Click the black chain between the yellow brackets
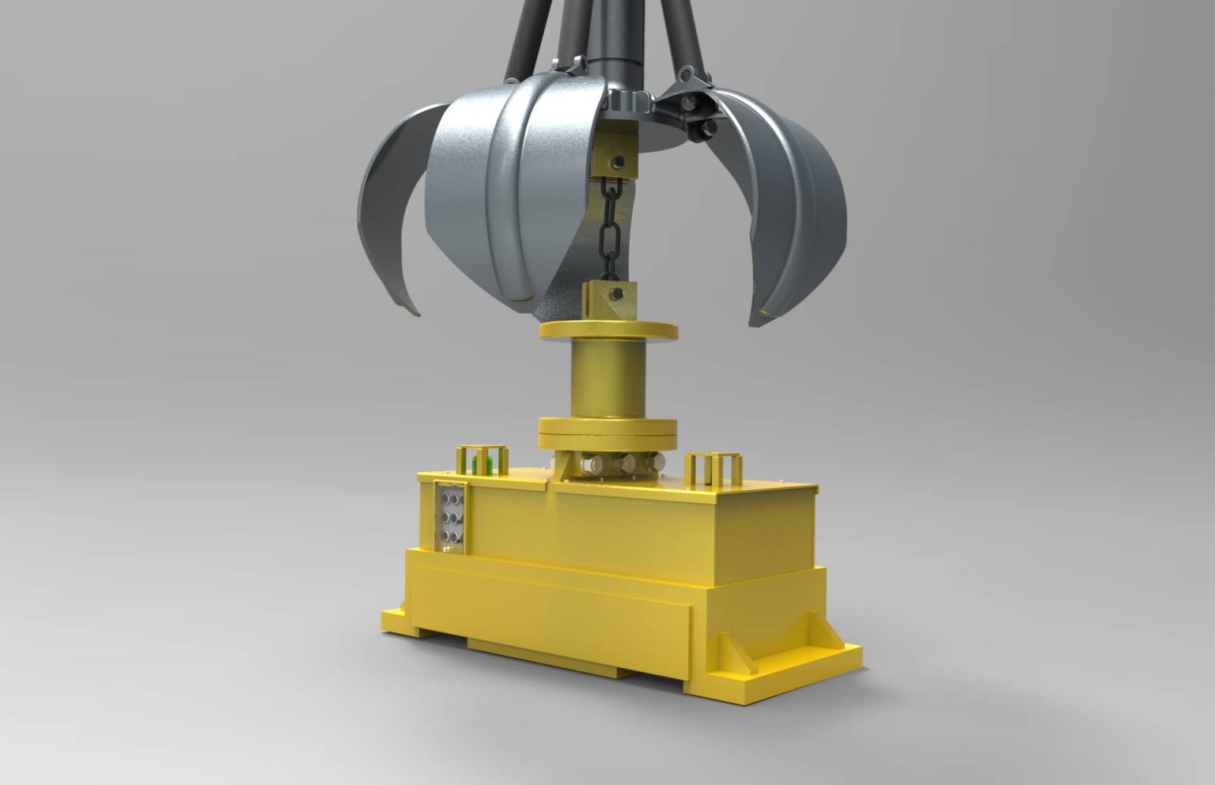[609, 229]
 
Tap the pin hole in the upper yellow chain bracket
[619, 163]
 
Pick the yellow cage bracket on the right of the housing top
[711, 468]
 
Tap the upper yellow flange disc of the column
[607, 330]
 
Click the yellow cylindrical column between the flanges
[607, 379]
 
